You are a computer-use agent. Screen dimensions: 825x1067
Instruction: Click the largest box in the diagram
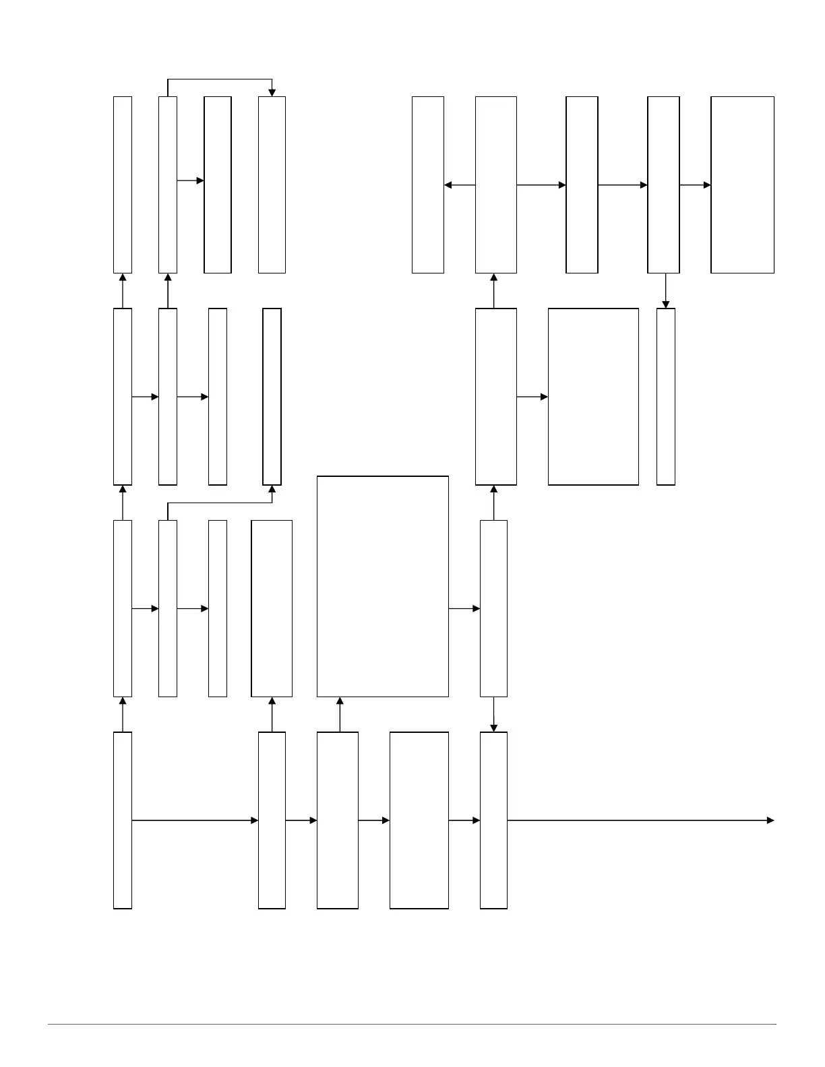pyautogui.click(x=383, y=586)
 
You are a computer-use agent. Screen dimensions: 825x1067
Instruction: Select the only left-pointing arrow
pyautogui.click(x=460, y=185)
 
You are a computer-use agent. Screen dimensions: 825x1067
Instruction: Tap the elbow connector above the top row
pyautogui.click(x=219, y=79)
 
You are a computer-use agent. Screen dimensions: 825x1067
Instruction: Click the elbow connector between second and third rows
pyautogui.click(x=219, y=503)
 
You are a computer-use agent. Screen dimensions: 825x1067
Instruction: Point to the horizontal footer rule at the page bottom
pyautogui.click(x=411, y=1025)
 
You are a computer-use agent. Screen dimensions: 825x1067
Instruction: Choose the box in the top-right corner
pyautogui.click(x=742, y=185)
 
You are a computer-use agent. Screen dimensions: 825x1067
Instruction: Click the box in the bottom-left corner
pyautogui.click(x=123, y=820)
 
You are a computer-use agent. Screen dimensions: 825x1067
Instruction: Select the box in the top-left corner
pyautogui.click(x=123, y=185)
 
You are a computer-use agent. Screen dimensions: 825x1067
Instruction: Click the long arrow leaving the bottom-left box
pyautogui.click(x=195, y=820)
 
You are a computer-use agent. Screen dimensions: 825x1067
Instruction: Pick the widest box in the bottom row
pyautogui.click(x=419, y=820)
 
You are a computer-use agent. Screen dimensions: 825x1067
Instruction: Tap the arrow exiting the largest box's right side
pyautogui.click(x=464, y=609)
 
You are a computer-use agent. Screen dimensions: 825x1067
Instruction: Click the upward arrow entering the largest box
pyautogui.click(x=340, y=714)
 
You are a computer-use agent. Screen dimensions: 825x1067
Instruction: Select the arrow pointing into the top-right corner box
pyautogui.click(x=695, y=185)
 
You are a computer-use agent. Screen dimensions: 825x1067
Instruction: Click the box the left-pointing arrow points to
pyautogui.click(x=428, y=185)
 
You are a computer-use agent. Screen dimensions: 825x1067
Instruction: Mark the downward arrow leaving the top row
pyautogui.click(x=666, y=290)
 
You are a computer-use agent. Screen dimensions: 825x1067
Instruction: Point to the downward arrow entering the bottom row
pyautogui.click(x=494, y=714)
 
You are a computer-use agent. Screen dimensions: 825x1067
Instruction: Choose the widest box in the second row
pyautogui.click(x=593, y=397)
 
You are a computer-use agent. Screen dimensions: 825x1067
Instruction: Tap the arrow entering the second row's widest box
pyautogui.click(x=532, y=397)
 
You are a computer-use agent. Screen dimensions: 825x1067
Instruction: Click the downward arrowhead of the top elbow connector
pyautogui.click(x=272, y=92)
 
